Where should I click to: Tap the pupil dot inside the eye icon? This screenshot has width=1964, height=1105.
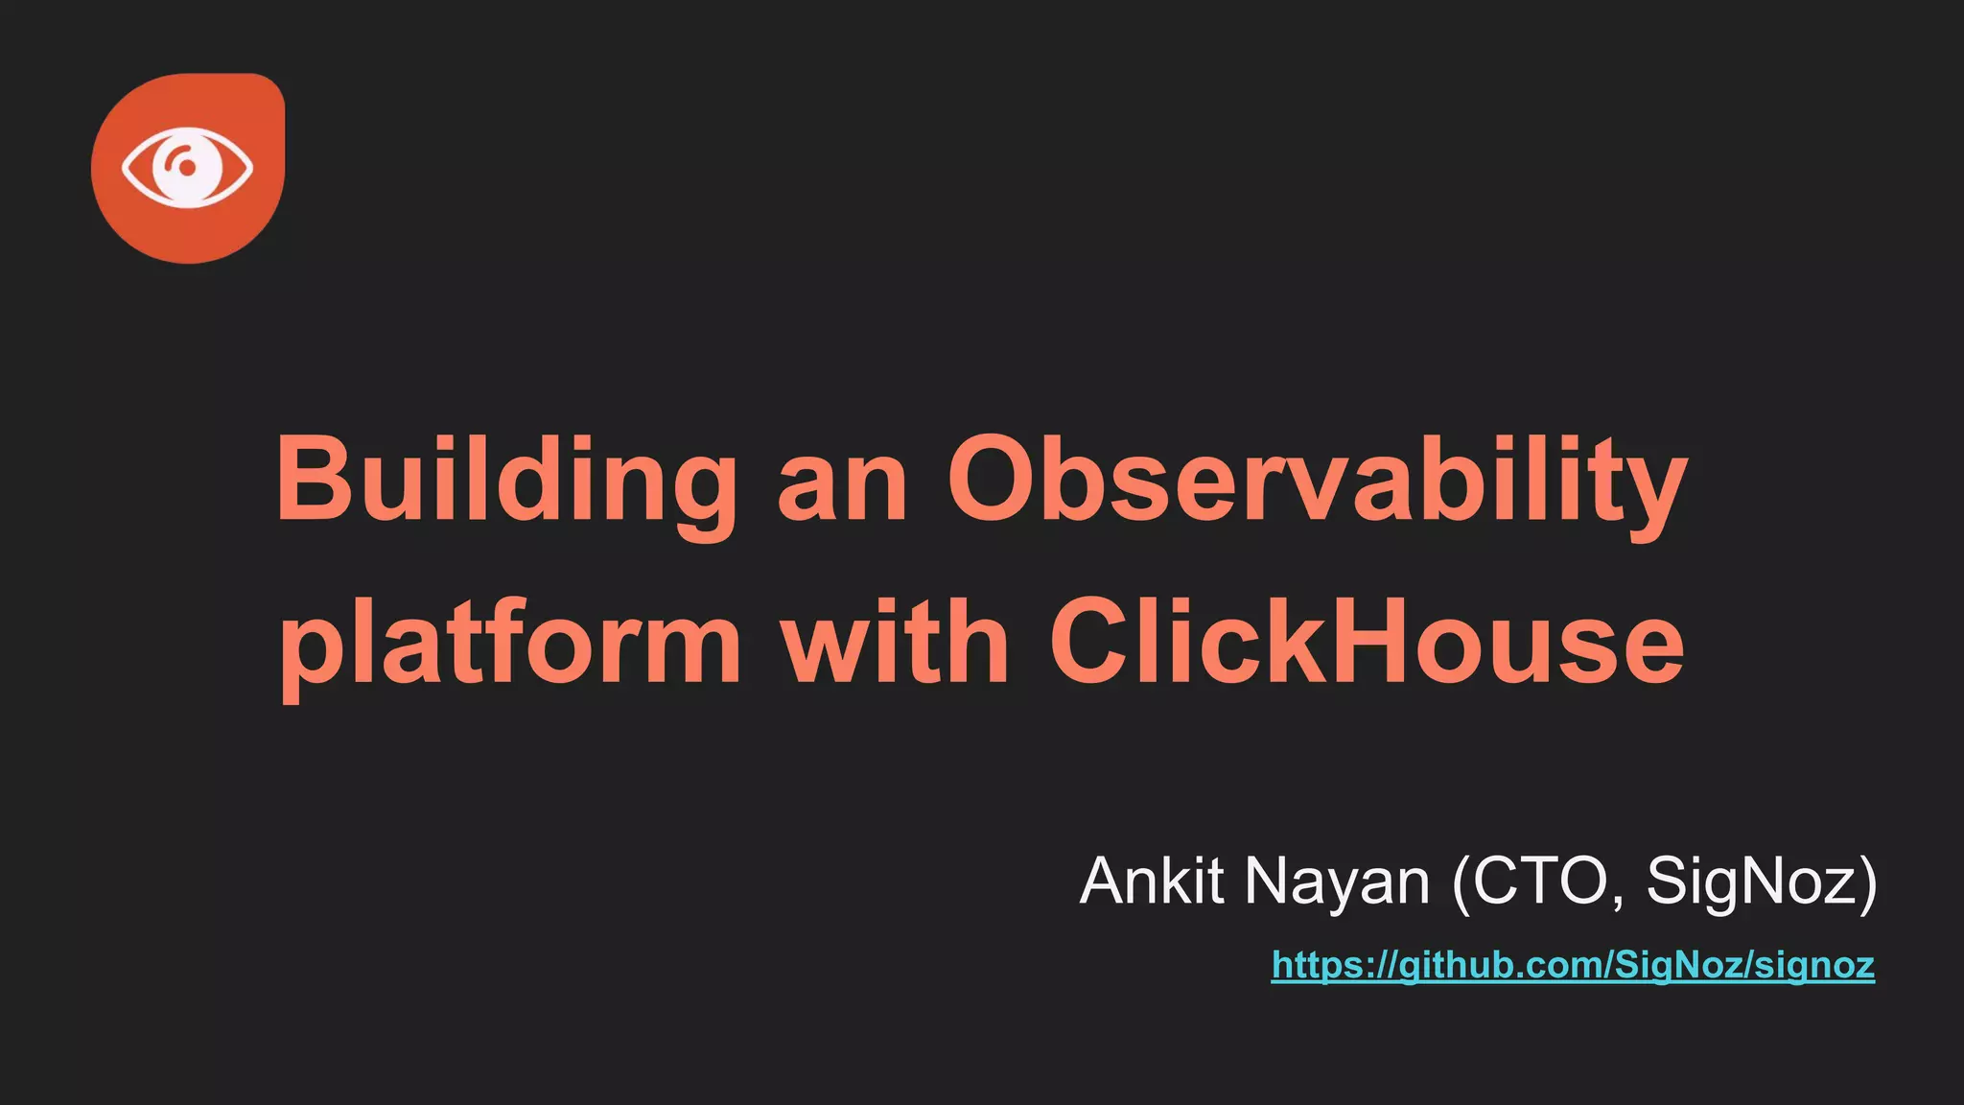[188, 168]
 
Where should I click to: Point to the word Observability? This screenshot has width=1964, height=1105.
[1316, 479]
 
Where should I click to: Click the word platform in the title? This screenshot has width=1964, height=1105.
[509, 640]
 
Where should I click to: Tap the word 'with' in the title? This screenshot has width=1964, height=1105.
[895, 640]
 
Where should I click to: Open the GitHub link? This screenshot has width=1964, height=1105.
[1573, 965]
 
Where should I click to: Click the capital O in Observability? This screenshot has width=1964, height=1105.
[995, 479]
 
